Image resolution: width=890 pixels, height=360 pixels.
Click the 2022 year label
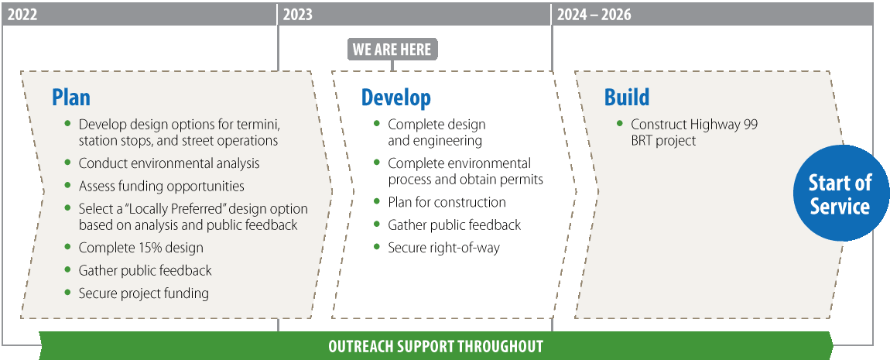(x=22, y=14)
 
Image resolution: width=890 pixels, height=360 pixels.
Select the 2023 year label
(x=297, y=14)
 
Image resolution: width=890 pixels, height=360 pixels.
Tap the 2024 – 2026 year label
(x=594, y=14)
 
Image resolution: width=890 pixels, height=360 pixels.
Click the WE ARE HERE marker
(x=392, y=49)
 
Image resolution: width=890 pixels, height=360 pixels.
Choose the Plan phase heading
(x=71, y=97)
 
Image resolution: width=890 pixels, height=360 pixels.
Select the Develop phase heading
(x=395, y=98)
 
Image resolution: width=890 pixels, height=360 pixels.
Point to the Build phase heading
(x=627, y=97)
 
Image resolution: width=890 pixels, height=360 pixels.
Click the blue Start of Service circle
(x=840, y=193)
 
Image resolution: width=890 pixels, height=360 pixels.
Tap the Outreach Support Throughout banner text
(x=436, y=346)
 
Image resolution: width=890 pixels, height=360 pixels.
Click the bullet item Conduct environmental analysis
(x=169, y=163)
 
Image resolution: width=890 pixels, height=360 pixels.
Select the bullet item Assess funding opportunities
(x=162, y=187)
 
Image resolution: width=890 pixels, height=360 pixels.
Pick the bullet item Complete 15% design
(x=141, y=248)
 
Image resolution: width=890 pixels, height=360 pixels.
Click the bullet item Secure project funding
(x=144, y=293)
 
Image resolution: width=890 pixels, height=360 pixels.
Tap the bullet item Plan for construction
(x=447, y=202)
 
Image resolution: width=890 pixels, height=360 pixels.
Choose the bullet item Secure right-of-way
(x=444, y=249)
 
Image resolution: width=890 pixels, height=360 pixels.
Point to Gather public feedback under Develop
(x=454, y=225)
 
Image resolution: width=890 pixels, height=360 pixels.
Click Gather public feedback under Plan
(x=145, y=270)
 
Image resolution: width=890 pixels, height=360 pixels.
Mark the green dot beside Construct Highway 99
(x=619, y=122)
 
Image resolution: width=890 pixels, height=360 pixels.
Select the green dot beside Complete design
(x=377, y=122)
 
